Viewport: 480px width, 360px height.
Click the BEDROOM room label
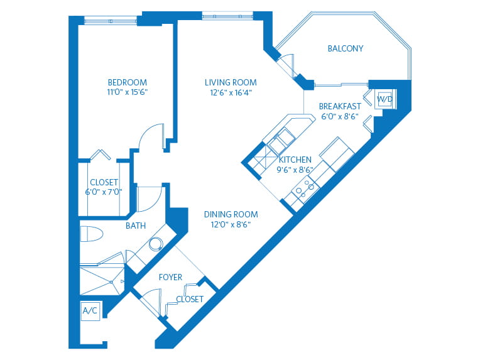tap(128, 82)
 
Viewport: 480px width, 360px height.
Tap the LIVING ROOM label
tap(231, 82)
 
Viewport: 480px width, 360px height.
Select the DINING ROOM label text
tap(231, 214)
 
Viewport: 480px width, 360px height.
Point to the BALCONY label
tap(346, 48)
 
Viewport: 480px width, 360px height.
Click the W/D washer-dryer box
tap(385, 99)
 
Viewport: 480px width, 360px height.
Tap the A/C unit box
tap(90, 311)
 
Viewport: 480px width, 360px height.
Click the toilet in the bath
tap(92, 234)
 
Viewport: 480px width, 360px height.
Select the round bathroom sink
tap(156, 244)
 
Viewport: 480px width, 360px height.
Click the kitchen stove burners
tap(305, 188)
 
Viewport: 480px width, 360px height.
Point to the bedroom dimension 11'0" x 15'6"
tap(128, 92)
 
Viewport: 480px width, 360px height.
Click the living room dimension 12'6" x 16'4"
tap(231, 92)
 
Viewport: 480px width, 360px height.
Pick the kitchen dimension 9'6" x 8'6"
tap(295, 170)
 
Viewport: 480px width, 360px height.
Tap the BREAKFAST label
tap(340, 106)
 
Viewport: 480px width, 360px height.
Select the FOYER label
tap(170, 277)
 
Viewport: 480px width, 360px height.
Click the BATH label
tap(136, 226)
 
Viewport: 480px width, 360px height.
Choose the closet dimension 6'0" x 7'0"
tap(104, 192)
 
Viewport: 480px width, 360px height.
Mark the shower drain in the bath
tap(112, 282)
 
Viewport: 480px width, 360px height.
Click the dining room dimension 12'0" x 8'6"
tap(231, 224)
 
